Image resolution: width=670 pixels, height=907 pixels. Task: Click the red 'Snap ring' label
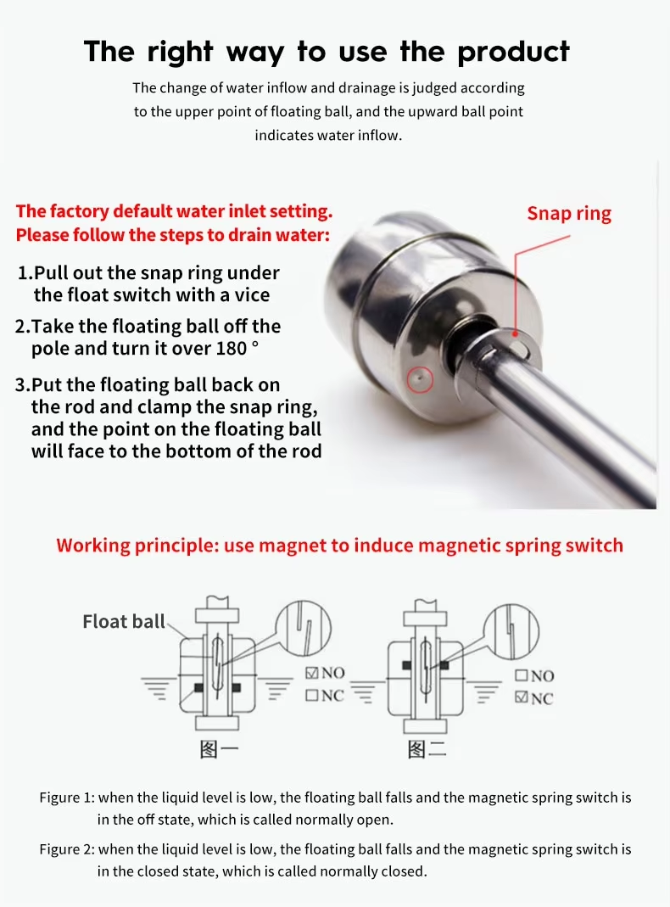[x=568, y=213]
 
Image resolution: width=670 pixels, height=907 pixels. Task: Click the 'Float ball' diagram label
[x=124, y=622]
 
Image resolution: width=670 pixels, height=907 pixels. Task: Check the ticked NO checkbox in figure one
[x=311, y=673]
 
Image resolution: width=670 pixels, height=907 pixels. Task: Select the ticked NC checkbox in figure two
[x=522, y=698]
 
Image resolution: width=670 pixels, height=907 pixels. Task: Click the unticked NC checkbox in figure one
[x=311, y=696]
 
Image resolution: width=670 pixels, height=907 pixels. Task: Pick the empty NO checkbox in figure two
[x=522, y=676]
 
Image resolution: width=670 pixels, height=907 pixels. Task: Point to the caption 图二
[x=427, y=749]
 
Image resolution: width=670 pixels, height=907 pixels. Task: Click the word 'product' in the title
[x=514, y=52]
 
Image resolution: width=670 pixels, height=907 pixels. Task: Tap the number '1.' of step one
[x=25, y=274]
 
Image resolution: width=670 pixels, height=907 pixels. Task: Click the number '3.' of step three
[x=23, y=386]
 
